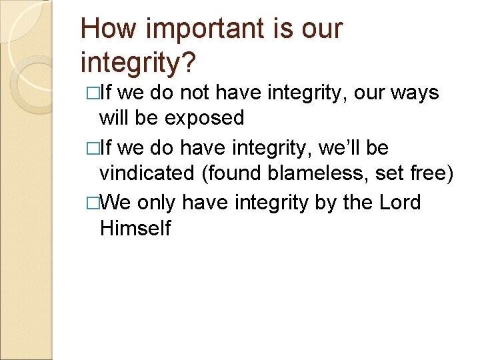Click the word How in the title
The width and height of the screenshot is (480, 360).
(x=105, y=29)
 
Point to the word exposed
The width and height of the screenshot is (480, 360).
(x=205, y=118)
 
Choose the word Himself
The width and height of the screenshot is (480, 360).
(x=135, y=229)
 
